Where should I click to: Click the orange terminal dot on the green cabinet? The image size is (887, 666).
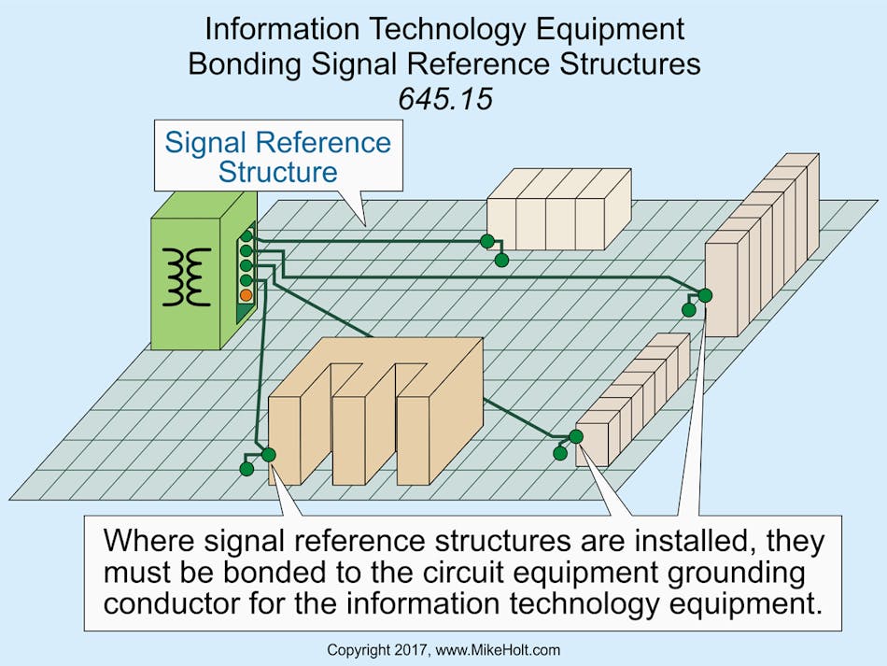246,295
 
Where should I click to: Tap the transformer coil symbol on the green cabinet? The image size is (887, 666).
188,276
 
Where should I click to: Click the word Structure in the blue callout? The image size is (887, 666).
277,172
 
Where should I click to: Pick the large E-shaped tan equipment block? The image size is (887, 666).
373,411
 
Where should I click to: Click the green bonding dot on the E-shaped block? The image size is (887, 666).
269,455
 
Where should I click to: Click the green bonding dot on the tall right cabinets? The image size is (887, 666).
705,295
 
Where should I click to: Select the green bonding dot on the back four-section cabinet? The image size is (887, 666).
487,242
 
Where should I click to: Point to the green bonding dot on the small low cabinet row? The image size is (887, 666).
576,435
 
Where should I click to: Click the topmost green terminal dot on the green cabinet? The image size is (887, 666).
246,236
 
